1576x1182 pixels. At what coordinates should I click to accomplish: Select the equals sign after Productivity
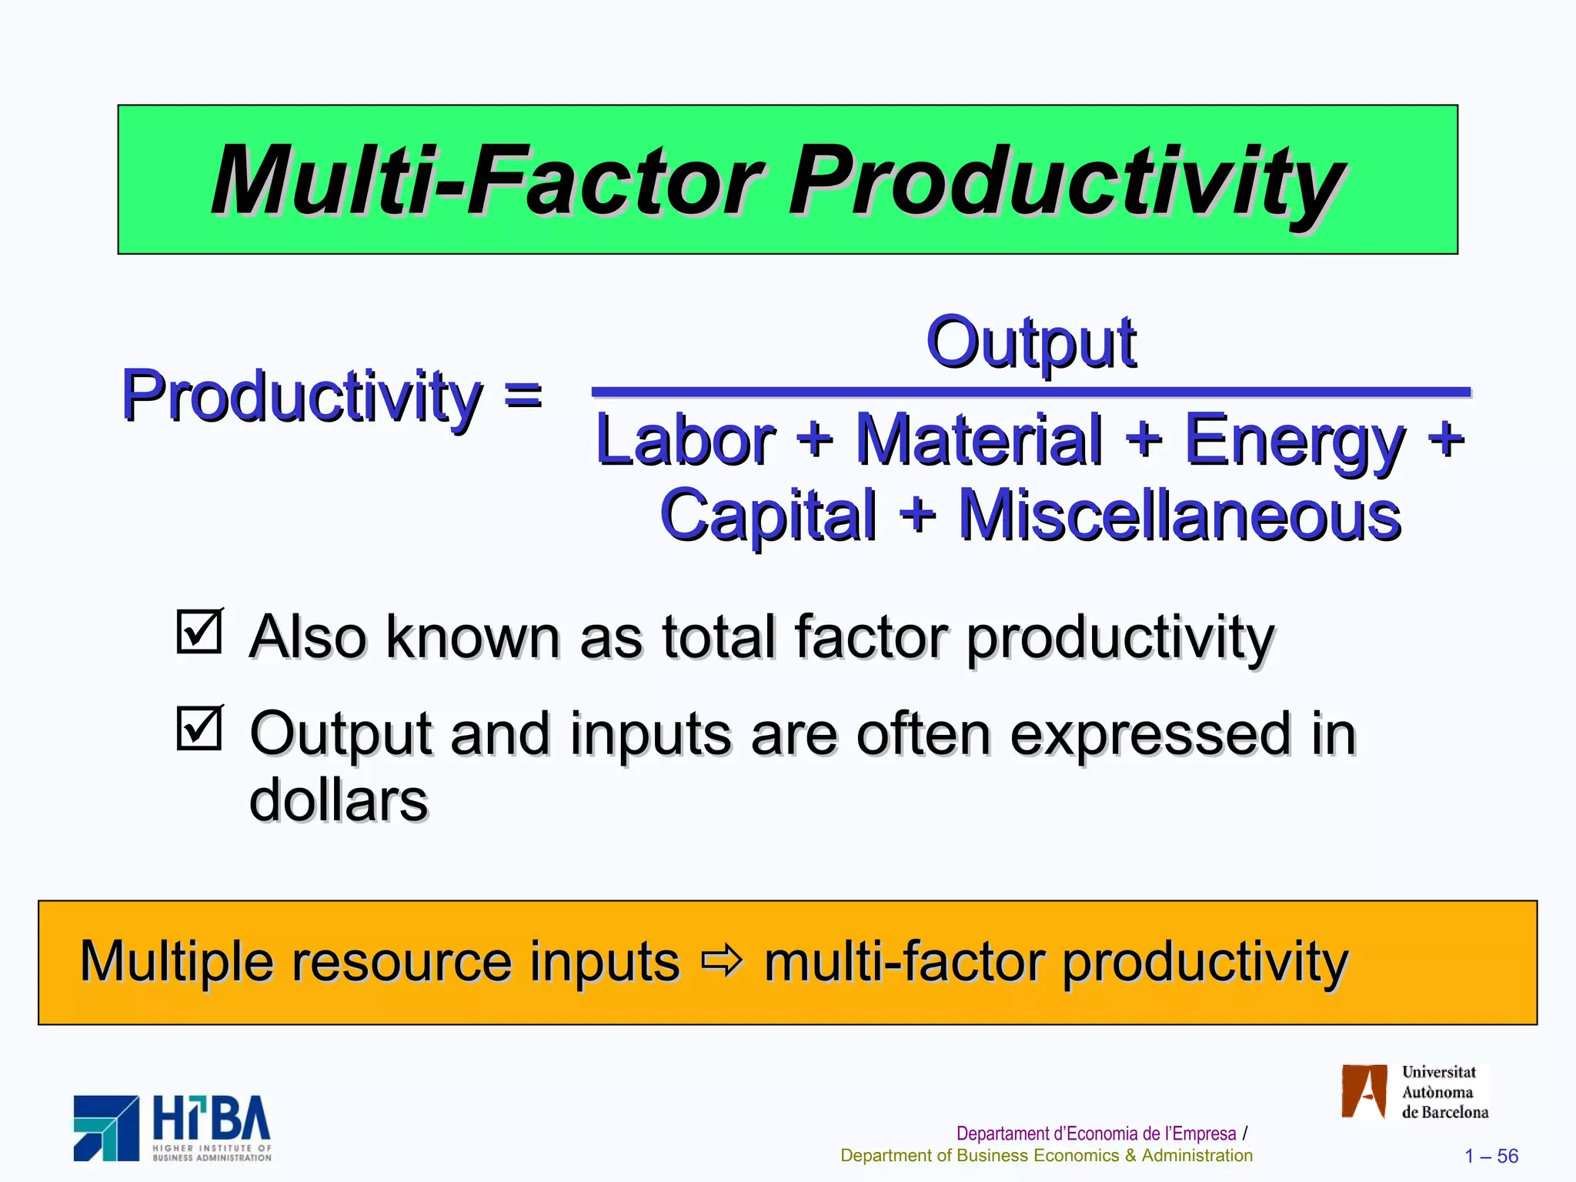523,396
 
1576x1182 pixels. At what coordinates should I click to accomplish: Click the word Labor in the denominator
685,440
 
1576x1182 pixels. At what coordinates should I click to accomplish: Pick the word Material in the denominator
979,440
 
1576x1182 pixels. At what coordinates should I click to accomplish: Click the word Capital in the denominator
768,516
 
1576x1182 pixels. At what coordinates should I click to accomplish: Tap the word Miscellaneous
1179,516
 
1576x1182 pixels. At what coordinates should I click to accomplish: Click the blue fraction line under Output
1031,392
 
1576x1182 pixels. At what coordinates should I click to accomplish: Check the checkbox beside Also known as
199,632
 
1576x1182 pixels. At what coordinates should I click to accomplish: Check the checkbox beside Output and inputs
199,728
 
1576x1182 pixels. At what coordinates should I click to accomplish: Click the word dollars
339,800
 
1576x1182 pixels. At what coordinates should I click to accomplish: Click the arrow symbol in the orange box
722,961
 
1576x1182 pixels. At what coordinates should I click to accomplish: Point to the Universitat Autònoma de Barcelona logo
1414,1092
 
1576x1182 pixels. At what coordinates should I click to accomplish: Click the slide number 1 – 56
1491,1156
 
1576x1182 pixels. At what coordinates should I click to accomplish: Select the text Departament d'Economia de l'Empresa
1096,1134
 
